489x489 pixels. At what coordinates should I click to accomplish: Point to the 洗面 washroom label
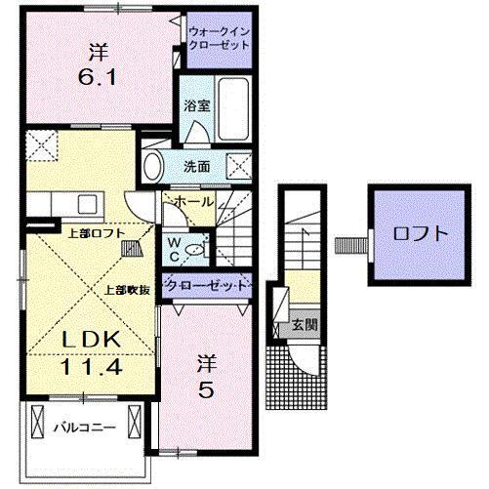197,166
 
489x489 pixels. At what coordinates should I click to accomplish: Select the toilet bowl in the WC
194,250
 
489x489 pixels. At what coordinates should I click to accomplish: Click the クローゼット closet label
205,286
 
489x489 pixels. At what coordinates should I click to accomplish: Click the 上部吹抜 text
128,289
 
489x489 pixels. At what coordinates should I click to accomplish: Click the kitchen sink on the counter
83,205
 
